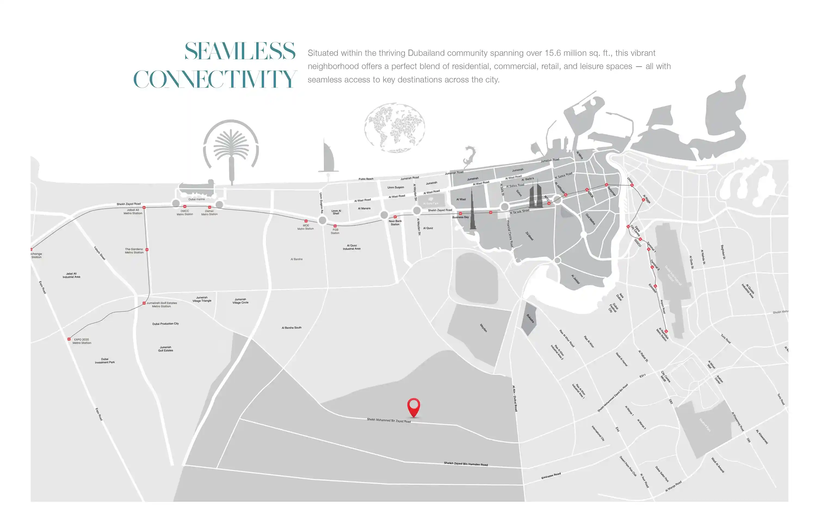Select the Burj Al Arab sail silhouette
coord(327,158)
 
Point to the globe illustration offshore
coord(395,128)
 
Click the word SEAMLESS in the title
coord(240,52)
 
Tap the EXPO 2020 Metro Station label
coord(82,341)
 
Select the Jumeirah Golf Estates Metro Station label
coord(162,305)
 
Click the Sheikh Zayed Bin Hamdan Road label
coord(465,464)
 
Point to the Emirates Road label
coord(551,476)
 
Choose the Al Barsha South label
coord(291,328)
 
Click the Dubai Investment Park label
coord(105,361)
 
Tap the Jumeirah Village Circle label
coord(240,301)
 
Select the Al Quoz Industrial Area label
coord(352,247)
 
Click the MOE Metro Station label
coord(306,227)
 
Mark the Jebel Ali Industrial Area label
coord(71,275)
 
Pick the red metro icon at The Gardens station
coord(147,250)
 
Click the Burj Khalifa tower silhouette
coord(472,211)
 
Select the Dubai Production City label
coord(165,324)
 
